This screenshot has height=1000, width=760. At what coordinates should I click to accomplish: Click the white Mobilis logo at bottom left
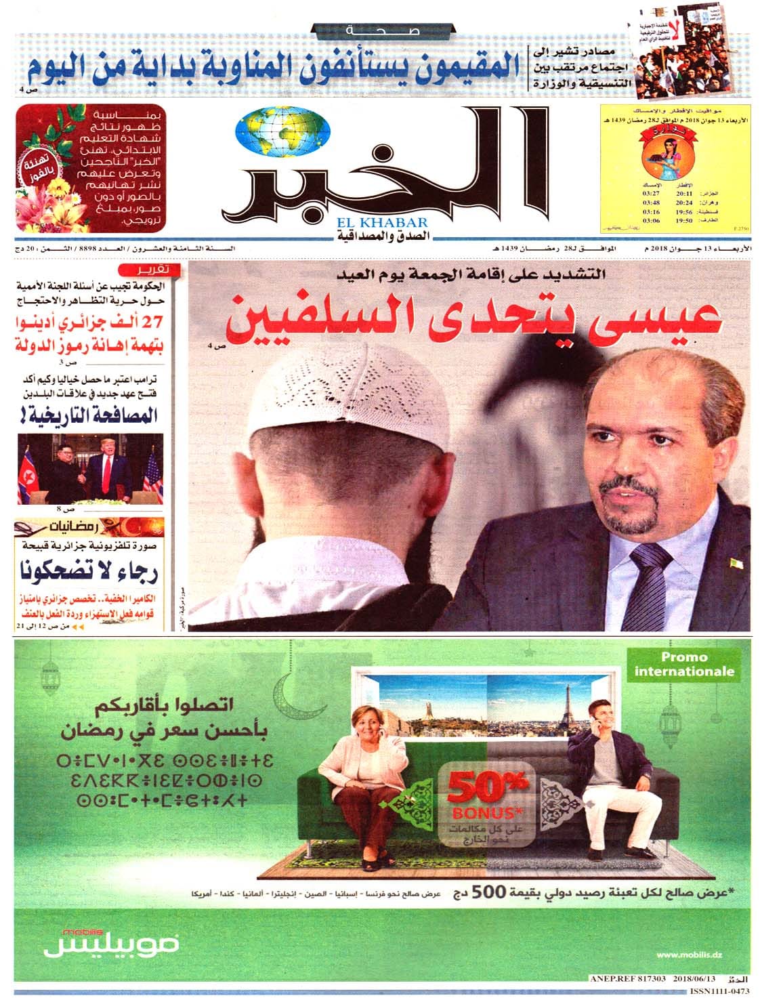(112, 942)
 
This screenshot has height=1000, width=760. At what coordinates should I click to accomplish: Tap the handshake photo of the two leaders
(90, 468)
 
